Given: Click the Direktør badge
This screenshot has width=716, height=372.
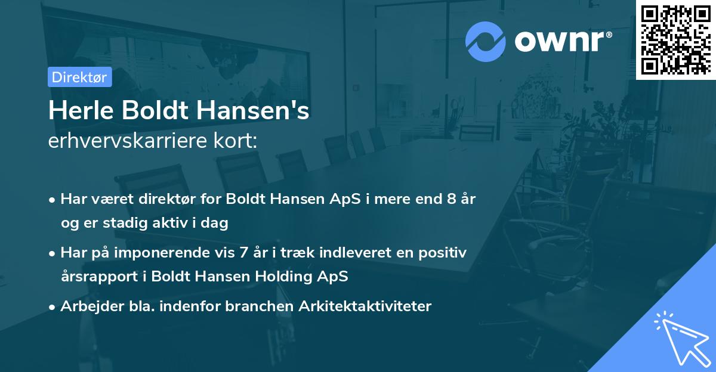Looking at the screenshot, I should click(x=79, y=77).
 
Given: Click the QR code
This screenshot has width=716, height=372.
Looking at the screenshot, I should click(x=675, y=39).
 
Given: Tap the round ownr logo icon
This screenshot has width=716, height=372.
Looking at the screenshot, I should click(x=486, y=41).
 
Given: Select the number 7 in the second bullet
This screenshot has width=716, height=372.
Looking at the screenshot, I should click(x=243, y=253).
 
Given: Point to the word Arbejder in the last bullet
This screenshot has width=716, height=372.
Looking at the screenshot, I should click(x=86, y=306).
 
